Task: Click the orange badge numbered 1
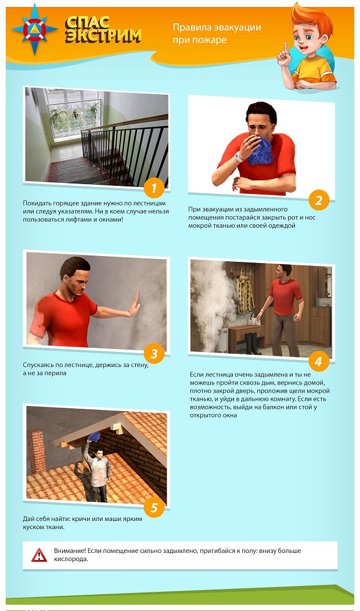coord(154,188)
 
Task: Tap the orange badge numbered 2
coord(319,200)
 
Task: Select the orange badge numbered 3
coord(154,354)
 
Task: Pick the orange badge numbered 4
coord(319,361)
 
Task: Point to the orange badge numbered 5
coord(154,508)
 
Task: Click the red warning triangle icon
coord(39,555)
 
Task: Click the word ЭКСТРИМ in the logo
coord(103,36)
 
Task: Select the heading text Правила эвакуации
coord(217,27)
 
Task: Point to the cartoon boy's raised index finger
coord(286,48)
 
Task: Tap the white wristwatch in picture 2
coord(239,157)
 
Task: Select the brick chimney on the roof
coord(36,451)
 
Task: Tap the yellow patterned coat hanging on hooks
coord(246,294)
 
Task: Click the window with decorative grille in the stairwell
coord(74,113)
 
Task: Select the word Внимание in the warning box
coord(70,551)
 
